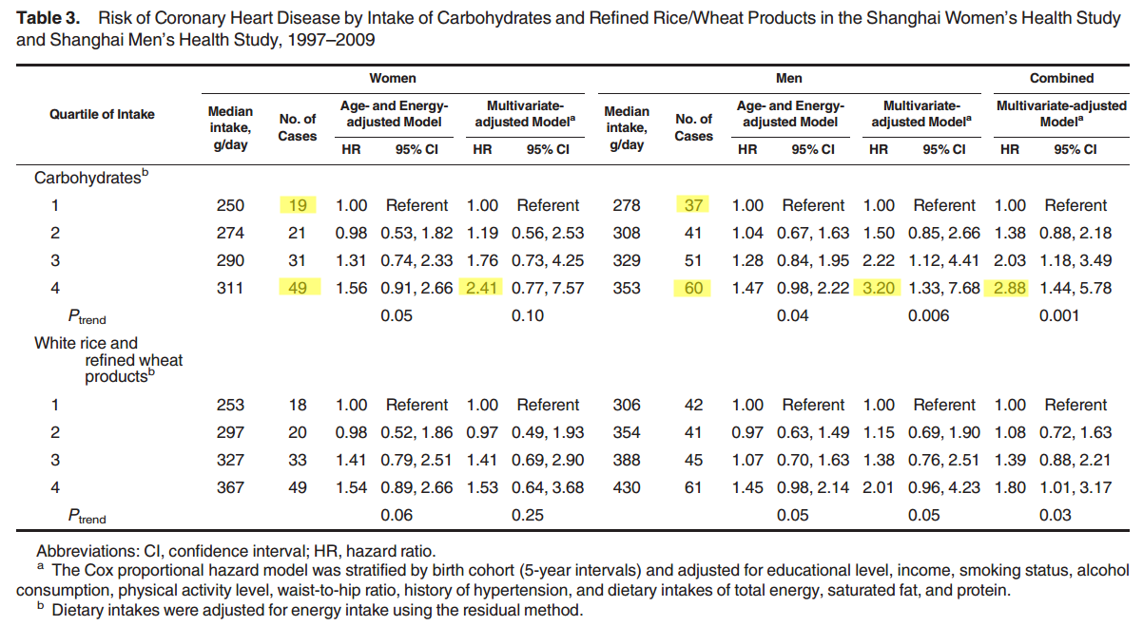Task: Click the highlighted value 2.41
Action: pos(482,288)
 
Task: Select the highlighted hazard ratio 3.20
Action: pos(879,288)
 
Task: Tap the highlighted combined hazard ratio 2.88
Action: pos(1010,288)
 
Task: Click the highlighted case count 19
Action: pos(298,205)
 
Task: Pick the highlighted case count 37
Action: pos(694,205)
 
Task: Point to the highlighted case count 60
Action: pos(694,288)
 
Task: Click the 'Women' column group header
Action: pos(392,79)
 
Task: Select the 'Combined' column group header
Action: pos(1061,79)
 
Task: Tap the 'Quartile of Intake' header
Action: pos(102,114)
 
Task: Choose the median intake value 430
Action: pos(627,487)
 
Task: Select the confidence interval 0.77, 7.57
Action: pos(548,288)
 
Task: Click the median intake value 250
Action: pos(230,205)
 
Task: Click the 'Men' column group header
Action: pos(788,79)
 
